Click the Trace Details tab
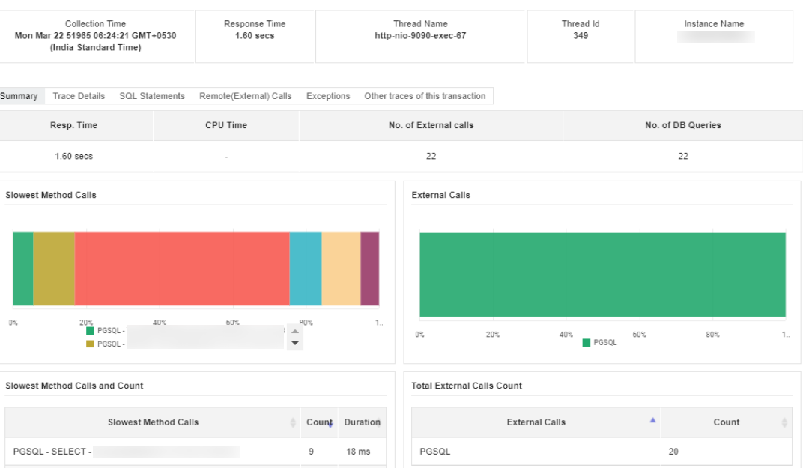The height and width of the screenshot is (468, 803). click(x=79, y=96)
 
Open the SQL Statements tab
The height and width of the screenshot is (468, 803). click(x=152, y=96)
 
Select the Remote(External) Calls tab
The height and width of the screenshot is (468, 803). click(x=246, y=96)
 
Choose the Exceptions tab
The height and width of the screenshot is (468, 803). click(x=328, y=96)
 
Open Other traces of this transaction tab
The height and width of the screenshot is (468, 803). click(x=425, y=96)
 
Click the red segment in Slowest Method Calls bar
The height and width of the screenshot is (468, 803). click(x=182, y=268)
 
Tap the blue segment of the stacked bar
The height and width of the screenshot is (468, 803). click(x=306, y=268)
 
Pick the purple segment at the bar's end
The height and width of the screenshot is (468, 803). click(x=370, y=268)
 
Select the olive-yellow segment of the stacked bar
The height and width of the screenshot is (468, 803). click(x=54, y=268)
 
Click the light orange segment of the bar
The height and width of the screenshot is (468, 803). click(x=341, y=268)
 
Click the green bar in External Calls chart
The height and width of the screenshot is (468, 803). click(x=602, y=274)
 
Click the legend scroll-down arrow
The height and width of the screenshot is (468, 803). click(x=295, y=343)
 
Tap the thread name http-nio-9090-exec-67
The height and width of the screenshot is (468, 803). click(x=420, y=36)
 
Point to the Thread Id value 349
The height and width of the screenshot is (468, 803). click(x=581, y=36)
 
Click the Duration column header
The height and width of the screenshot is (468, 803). click(x=362, y=422)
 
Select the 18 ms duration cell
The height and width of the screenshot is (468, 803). click(x=357, y=451)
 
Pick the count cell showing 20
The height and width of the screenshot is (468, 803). click(x=673, y=451)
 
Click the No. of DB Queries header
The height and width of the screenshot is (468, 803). click(x=682, y=125)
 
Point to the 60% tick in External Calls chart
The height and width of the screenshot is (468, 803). click(x=639, y=334)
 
